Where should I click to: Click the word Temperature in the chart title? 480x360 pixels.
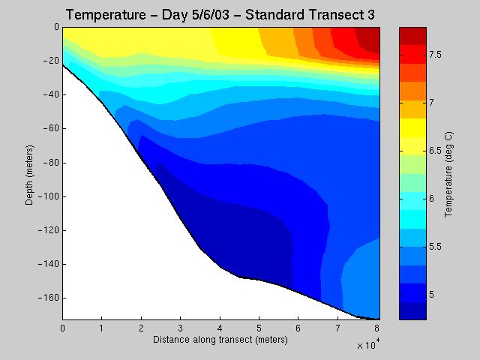tap(106, 15)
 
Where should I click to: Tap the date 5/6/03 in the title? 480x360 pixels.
tap(211, 15)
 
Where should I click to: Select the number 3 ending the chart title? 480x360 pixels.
tap(371, 15)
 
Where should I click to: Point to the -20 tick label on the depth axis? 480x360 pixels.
tap(50, 61)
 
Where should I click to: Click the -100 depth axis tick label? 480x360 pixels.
tap(49, 196)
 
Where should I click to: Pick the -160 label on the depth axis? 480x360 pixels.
tap(49, 298)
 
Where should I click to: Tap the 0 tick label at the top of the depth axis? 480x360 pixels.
tap(56, 27)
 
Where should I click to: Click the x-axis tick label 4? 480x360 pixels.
tap(220, 328)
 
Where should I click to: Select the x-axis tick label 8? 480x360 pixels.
tap(376, 328)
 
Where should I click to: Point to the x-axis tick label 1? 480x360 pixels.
tap(102, 328)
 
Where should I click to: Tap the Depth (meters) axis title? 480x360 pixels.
tap(29, 175)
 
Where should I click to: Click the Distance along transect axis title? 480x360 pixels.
tap(220, 340)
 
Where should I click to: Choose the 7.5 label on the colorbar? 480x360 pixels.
tap(435, 55)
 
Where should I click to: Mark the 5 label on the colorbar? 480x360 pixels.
tap(432, 295)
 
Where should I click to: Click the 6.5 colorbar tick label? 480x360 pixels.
tap(435, 151)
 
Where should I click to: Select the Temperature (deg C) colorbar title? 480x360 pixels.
tap(448, 175)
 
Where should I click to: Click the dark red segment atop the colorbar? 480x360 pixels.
tap(412, 36)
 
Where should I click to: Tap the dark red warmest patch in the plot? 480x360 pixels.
tap(368, 39)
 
